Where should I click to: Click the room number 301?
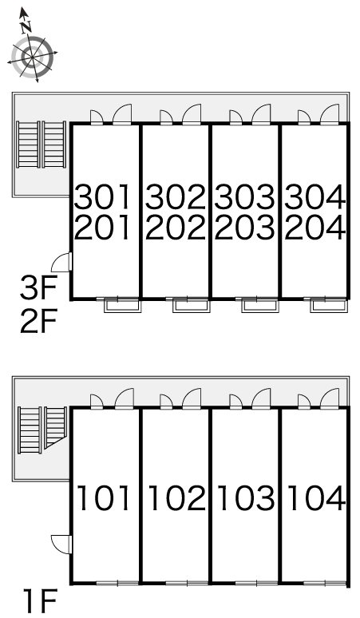tap(103, 197)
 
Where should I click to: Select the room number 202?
tap(176, 228)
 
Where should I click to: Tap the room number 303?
tap(244, 197)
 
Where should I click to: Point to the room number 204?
tap(315, 228)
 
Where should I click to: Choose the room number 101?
tap(104, 498)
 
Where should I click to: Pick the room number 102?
tap(177, 498)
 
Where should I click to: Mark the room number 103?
tap(246, 498)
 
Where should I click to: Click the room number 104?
tap(316, 498)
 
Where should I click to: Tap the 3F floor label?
tap(39, 288)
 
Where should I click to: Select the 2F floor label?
tap(39, 321)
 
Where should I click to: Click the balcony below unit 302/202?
tap(191, 306)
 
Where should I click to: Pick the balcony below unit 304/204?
tap(329, 306)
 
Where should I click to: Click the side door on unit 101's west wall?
tap(61, 544)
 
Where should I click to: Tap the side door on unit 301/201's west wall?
tap(61, 262)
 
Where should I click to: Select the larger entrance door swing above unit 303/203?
tap(261, 114)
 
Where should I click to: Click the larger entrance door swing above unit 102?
tap(192, 398)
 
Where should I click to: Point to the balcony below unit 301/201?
tap(122, 306)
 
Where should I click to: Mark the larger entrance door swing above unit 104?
tap(330, 398)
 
